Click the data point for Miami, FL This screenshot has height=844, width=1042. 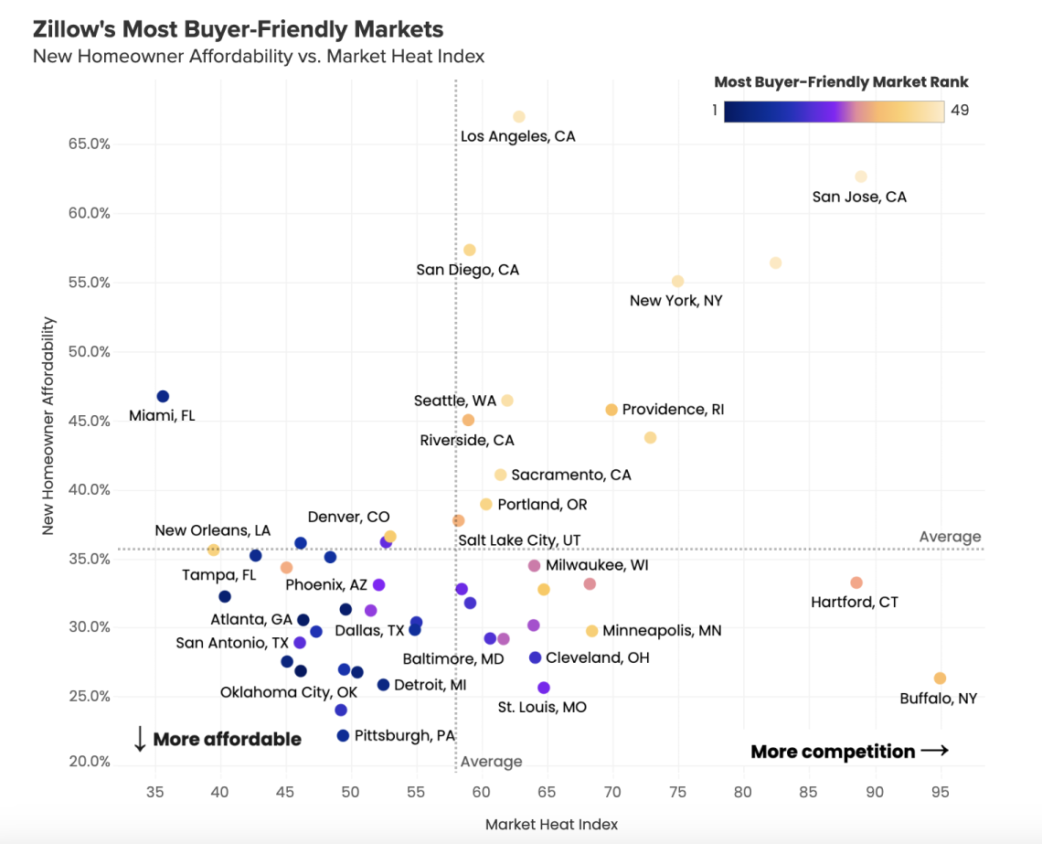click(x=163, y=396)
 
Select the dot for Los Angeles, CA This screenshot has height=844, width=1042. click(x=519, y=117)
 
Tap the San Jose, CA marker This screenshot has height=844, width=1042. click(x=860, y=176)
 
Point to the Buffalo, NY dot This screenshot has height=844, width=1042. click(x=940, y=678)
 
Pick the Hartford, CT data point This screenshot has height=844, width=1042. click(x=856, y=582)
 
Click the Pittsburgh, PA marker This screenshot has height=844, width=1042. click(x=343, y=736)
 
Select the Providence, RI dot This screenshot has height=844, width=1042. click(x=611, y=410)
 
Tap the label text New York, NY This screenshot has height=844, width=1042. click(x=675, y=300)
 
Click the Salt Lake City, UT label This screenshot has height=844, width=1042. click(x=519, y=540)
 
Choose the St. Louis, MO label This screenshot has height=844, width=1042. click(x=542, y=707)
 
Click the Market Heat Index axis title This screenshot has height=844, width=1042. click(x=551, y=824)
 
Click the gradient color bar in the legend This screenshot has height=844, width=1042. click(x=834, y=111)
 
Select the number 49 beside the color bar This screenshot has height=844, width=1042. click(x=960, y=111)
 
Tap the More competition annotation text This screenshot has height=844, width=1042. click(x=833, y=752)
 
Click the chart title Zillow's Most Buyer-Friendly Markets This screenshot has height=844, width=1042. click(x=238, y=30)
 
